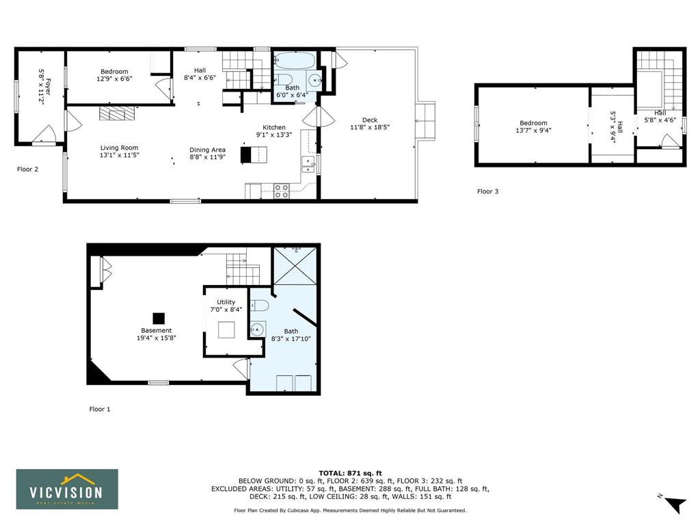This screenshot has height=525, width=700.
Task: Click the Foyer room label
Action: pos(47,87)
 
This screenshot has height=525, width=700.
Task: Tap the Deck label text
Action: pos(370,120)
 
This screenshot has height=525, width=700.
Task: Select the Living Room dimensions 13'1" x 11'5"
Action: pos(119,155)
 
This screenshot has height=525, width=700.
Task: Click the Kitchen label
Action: pos(273,127)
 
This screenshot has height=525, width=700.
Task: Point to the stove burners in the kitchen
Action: pos(281,191)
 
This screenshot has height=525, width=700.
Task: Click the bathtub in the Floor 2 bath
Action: pos(295,60)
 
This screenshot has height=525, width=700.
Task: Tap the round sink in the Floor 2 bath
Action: pos(316,81)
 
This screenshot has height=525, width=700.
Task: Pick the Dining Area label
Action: pos(207,150)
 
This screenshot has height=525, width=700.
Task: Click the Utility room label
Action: pos(226,301)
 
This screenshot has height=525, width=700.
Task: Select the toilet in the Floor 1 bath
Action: pos(259,306)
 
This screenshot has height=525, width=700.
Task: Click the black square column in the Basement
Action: pos(159,319)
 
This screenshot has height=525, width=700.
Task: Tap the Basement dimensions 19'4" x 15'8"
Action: pos(157,338)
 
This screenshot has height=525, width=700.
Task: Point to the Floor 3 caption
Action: pos(487,191)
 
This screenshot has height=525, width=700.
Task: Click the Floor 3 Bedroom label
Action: pos(533,123)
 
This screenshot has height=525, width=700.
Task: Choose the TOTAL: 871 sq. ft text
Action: pos(351,473)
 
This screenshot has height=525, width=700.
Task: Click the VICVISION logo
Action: pos(68,489)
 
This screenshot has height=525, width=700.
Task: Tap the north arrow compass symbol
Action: pos(675,504)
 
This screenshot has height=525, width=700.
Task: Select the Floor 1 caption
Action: pos(100,409)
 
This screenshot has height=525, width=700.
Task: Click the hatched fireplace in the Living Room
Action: pos(116,113)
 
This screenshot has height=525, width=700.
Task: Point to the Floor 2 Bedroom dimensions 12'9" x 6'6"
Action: pos(114,79)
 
